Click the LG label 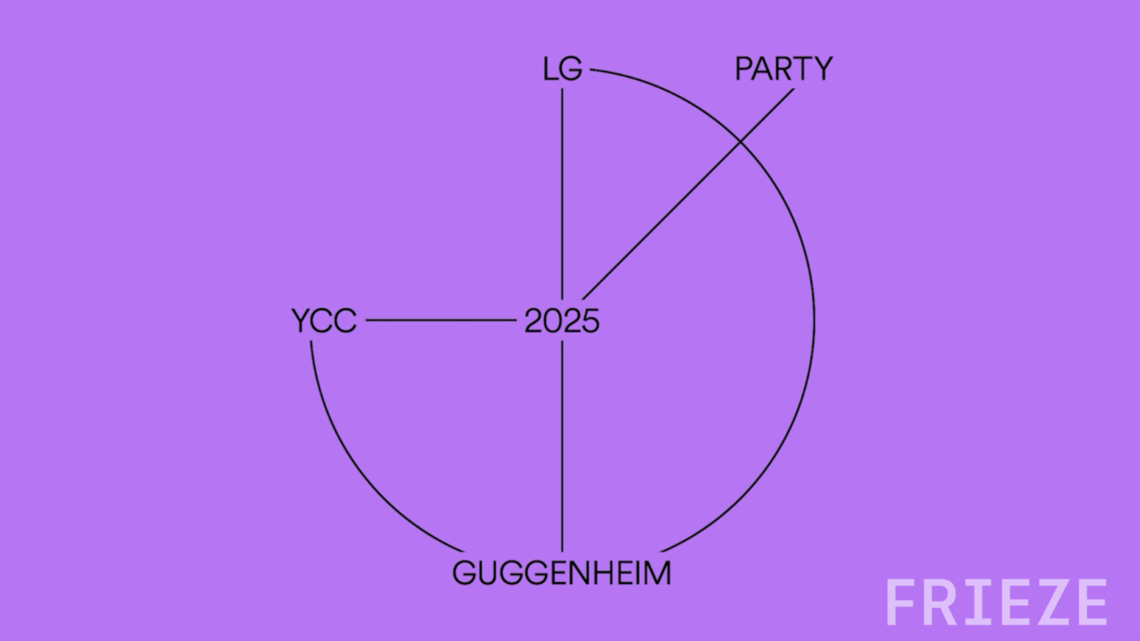point(562,69)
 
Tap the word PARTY point(784,69)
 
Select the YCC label point(324,321)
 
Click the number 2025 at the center point(562,321)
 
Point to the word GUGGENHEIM point(562,572)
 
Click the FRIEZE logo point(997,603)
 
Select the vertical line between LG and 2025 point(562,194)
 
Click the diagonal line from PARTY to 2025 point(688,194)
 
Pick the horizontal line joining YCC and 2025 point(441,320)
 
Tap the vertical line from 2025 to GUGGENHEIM point(562,446)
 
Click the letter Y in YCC point(301,321)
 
